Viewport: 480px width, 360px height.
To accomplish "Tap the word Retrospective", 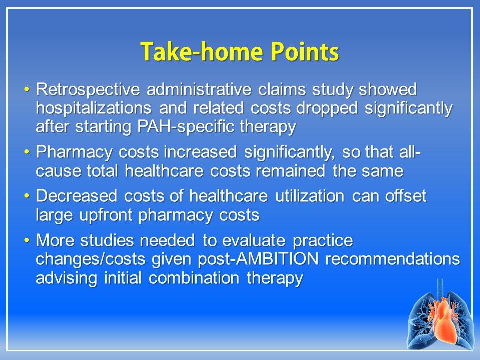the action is pos(88,90).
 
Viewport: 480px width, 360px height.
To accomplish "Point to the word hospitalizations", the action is pos(94,108).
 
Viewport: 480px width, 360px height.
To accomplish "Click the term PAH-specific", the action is pos(185,126).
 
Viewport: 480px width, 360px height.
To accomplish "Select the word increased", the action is pos(200,152).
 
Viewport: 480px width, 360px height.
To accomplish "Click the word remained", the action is pos(290,171).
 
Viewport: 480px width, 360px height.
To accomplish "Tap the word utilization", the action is pos(310,196).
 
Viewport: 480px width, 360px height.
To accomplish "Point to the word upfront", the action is pos(105,215).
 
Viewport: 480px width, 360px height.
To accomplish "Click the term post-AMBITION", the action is pos(258,259).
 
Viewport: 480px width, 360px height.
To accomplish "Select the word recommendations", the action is pos(393,259).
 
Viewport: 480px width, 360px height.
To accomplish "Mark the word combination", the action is pos(194,278).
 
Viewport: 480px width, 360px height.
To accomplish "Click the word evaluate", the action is pos(254,240).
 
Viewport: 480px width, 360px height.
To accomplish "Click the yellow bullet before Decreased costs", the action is pos(27,196).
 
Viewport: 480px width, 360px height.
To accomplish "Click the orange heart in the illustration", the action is pos(443,321).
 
